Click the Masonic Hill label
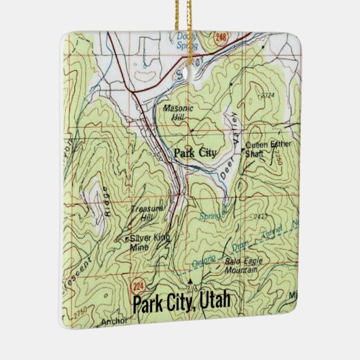(x=179, y=112)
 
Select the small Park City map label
(x=195, y=153)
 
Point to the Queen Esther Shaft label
(x=266, y=148)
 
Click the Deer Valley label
(x=232, y=150)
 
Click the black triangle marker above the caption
(x=190, y=279)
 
